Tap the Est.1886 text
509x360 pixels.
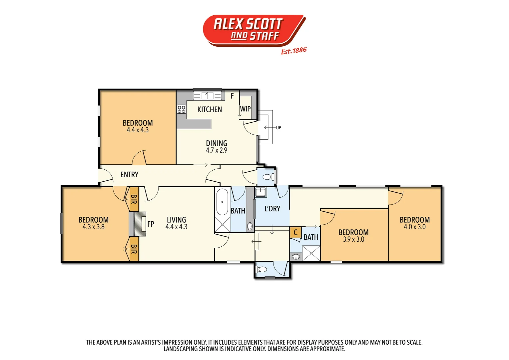click(293, 51)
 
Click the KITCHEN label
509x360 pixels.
click(210, 109)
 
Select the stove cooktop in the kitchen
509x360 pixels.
click(182, 109)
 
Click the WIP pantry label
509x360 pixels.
click(245, 109)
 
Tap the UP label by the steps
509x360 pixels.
click(278, 127)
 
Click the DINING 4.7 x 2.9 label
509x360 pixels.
click(217, 147)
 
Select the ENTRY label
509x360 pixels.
click(129, 175)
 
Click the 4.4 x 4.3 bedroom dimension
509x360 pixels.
click(138, 130)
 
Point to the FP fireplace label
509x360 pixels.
click(151, 224)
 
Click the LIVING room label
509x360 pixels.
click(176, 220)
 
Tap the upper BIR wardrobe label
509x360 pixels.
click(134, 199)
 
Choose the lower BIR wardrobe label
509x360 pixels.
click(134, 249)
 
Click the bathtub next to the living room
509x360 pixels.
click(222, 202)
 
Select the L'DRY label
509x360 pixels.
click(272, 209)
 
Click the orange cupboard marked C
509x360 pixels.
click(295, 233)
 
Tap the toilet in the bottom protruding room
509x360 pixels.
click(262, 269)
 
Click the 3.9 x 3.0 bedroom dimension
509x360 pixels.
click(353, 239)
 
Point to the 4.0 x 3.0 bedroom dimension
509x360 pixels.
click(414, 227)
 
